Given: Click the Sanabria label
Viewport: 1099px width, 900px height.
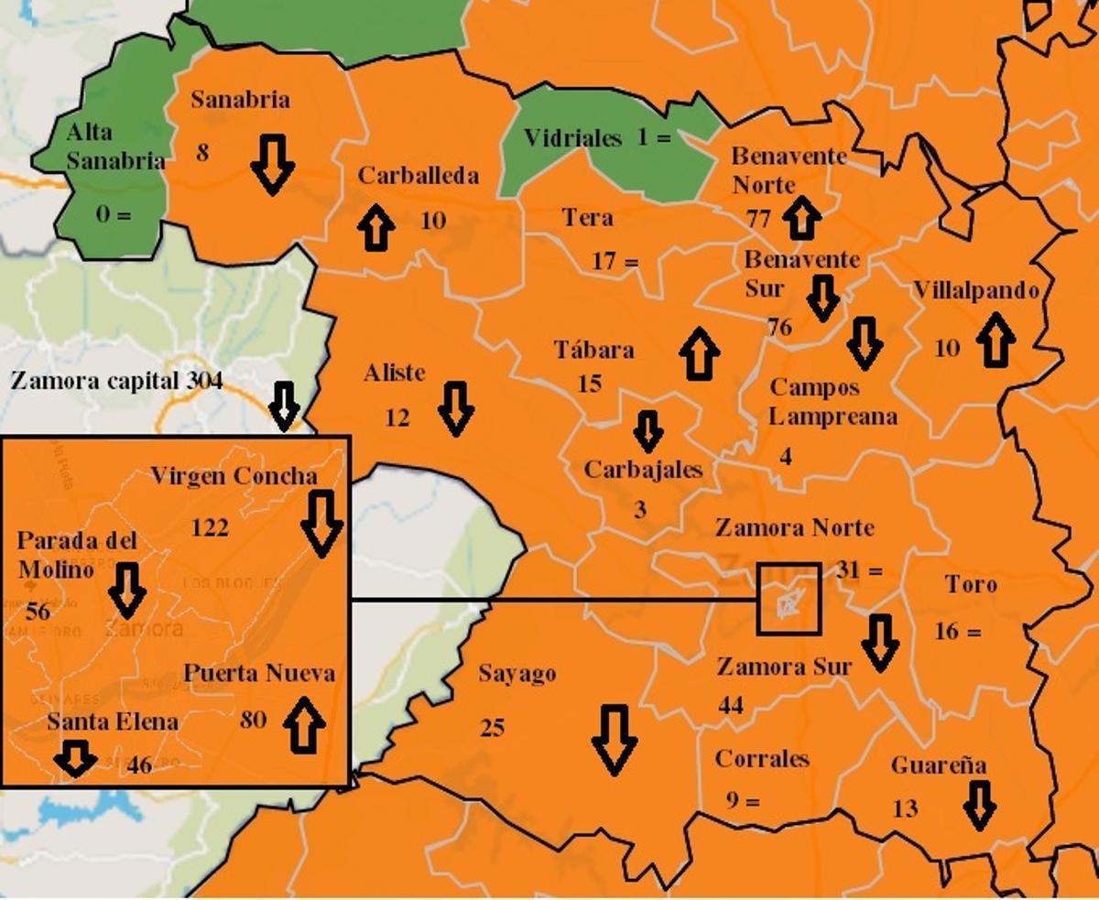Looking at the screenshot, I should click(x=239, y=101).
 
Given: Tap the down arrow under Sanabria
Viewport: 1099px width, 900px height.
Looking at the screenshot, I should click(x=272, y=164).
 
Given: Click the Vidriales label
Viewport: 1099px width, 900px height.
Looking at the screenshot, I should click(x=572, y=138).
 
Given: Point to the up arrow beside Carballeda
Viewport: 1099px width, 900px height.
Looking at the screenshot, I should click(x=375, y=228).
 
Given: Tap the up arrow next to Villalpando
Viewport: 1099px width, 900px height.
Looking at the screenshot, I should click(x=995, y=340).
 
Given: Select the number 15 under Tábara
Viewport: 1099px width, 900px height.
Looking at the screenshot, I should click(x=590, y=384).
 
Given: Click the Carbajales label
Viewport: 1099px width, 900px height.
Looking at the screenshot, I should click(x=643, y=470).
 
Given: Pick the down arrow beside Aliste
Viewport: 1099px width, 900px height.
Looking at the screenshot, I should click(x=455, y=408).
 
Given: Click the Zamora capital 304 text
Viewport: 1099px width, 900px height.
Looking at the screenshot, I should click(x=116, y=381).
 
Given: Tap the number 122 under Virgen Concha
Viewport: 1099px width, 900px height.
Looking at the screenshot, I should click(x=210, y=527).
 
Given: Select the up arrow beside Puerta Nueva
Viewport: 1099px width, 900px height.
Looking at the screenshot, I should click(x=304, y=721).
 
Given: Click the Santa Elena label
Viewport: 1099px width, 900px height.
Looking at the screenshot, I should click(x=112, y=721).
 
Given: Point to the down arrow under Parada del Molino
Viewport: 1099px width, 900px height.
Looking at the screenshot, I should click(x=127, y=591).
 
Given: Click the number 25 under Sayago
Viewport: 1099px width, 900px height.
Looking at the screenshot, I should click(x=492, y=728).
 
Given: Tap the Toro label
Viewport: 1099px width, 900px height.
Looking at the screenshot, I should click(x=971, y=584).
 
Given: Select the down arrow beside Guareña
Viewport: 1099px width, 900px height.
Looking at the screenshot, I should click(x=979, y=805).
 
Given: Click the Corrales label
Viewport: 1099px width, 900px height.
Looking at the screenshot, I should click(x=762, y=759).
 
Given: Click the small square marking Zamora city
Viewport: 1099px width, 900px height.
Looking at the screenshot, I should click(x=789, y=599).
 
